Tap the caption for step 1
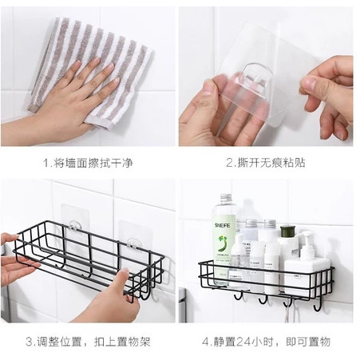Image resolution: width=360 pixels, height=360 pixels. click(88, 163)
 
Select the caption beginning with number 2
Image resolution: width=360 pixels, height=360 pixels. click(266, 163)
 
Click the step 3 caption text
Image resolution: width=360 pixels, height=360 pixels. click(88, 342)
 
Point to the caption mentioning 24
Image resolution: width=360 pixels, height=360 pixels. click(266, 342)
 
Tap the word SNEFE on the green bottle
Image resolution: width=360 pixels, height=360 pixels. click(222, 225)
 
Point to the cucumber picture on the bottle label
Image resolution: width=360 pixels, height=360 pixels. click(222, 243)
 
